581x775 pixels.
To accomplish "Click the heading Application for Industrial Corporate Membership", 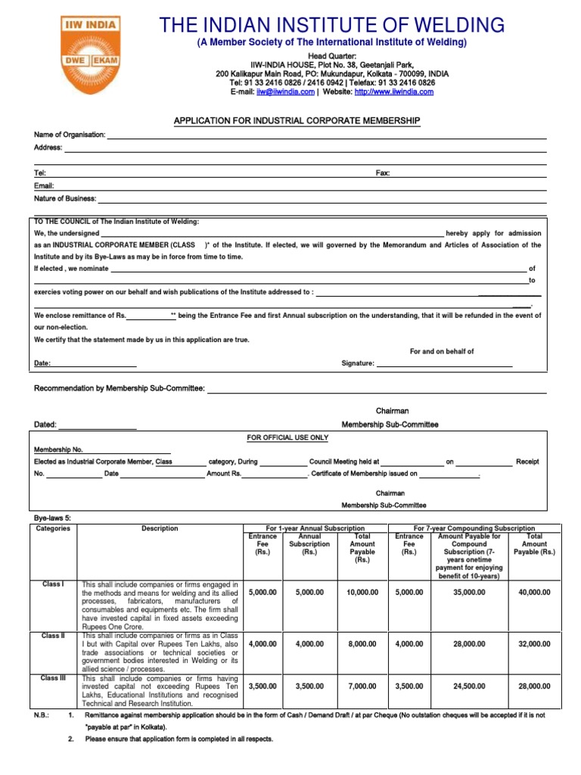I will coord(297,121).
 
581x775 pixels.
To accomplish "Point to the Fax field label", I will coord(383,173).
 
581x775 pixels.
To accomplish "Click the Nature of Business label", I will coord(65,198).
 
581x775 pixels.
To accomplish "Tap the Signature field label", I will coord(358,363).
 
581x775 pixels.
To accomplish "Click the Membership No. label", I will coord(58,450).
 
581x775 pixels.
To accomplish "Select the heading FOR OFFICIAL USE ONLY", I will coord(288,437).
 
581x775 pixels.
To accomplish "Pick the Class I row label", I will coord(53,584).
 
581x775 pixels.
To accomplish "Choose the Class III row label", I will coord(53,678).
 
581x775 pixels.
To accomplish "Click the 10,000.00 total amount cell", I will coord(362,593).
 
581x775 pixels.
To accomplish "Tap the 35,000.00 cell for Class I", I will coord(469,593).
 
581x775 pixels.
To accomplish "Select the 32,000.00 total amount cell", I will coord(534,644).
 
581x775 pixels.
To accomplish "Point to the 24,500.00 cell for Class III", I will coord(469,686).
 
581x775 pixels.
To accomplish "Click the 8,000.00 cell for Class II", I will coord(362,644).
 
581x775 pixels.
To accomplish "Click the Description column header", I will coord(160,528).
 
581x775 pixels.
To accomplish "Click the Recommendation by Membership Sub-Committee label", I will coord(120,388).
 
